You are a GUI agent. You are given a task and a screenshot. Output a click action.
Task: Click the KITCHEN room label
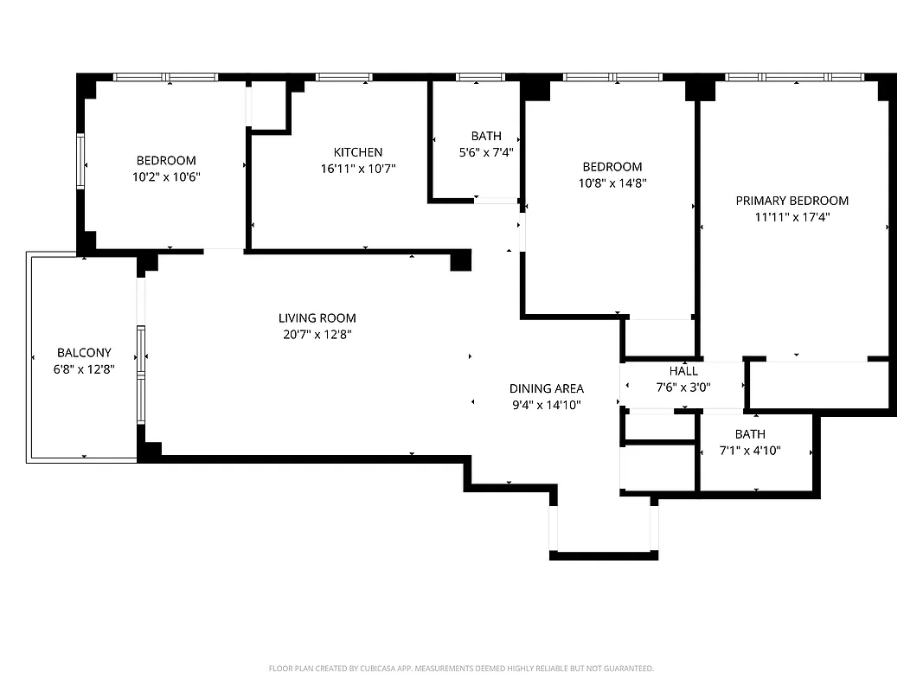click(x=358, y=152)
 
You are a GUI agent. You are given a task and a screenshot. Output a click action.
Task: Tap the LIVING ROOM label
click(x=317, y=318)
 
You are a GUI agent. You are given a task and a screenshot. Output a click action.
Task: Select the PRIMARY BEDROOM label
click(x=792, y=201)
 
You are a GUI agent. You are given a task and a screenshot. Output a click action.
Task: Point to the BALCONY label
click(x=84, y=353)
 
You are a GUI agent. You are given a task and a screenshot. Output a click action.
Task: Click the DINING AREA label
click(x=546, y=388)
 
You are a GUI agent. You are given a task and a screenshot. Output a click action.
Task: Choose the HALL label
click(x=683, y=371)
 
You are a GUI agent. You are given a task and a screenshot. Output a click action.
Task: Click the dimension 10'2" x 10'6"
click(x=166, y=176)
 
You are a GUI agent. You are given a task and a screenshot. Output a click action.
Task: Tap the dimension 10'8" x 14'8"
click(x=612, y=183)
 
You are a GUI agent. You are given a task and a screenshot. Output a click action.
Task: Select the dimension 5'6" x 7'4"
click(x=485, y=151)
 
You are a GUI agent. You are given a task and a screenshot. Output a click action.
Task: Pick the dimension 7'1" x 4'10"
click(x=750, y=450)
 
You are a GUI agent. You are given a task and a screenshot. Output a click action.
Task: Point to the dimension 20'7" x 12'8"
click(x=317, y=334)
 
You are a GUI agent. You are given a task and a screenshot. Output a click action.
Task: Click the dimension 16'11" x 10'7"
click(x=358, y=168)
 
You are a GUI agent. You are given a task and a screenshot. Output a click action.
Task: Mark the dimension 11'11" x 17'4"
click(x=792, y=217)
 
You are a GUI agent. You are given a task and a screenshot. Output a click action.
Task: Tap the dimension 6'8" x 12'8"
click(x=84, y=368)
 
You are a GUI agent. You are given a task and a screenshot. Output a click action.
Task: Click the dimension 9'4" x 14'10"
click(x=546, y=404)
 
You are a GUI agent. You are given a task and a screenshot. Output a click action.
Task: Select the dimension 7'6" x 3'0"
click(x=683, y=387)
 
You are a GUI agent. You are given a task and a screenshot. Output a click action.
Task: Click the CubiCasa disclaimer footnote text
click(x=461, y=669)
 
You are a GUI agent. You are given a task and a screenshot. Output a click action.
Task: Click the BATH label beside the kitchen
click(x=485, y=136)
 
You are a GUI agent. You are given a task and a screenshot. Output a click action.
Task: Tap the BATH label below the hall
click(x=750, y=434)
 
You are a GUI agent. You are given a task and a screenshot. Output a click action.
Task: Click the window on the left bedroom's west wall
click(x=80, y=162)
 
